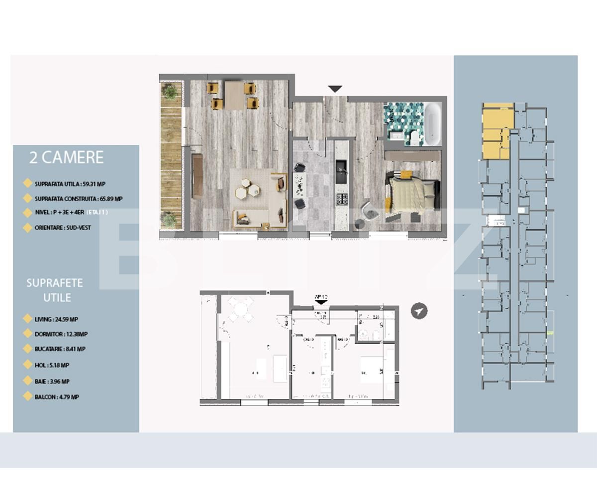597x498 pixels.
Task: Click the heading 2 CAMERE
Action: (x=66, y=157)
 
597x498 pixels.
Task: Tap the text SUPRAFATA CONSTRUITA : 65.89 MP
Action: (x=79, y=199)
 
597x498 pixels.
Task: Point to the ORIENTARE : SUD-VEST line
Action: (x=62, y=228)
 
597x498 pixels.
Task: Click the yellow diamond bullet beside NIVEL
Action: (x=27, y=213)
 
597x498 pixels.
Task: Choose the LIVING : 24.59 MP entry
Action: (x=57, y=319)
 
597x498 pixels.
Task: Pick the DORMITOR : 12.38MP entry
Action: (x=61, y=334)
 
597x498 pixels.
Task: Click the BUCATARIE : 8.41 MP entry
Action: (x=60, y=349)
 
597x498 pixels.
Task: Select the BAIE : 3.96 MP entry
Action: (x=52, y=381)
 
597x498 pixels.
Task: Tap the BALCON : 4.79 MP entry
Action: (x=57, y=397)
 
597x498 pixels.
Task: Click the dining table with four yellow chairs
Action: (x=233, y=95)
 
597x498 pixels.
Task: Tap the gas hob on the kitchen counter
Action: (x=342, y=200)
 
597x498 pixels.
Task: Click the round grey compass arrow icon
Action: (x=419, y=311)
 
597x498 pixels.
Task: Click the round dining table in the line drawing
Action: (x=241, y=310)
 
